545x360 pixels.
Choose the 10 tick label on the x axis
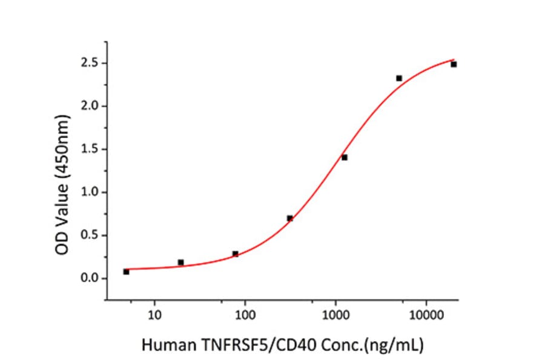point(154,315)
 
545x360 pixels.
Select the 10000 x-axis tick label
point(426,315)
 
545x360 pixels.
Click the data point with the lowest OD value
point(126,272)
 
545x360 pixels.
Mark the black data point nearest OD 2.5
point(454,64)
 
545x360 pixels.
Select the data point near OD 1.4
point(345,158)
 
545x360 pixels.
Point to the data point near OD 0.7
point(290,218)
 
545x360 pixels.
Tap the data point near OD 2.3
point(399,78)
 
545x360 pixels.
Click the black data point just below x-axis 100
point(236,254)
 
